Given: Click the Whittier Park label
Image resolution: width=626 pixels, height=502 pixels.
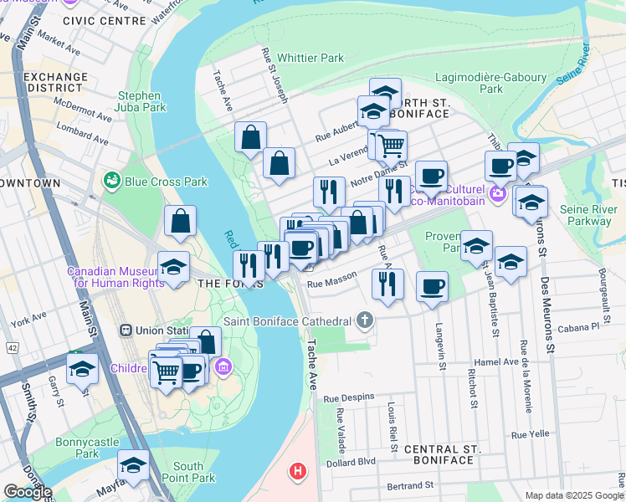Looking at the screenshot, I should click(x=310, y=59).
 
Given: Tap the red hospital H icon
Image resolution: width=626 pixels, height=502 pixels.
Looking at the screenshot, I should click(x=297, y=471).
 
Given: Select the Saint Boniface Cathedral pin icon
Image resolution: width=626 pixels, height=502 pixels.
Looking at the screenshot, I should click(x=364, y=320).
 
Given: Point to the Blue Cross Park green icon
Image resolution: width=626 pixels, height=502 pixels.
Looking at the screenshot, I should click(x=111, y=181).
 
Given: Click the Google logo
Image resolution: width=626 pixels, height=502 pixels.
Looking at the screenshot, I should click(x=28, y=492).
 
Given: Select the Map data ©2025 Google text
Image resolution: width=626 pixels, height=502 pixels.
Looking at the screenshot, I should click(x=573, y=495).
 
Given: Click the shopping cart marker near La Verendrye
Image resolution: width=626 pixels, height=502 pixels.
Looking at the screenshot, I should click(x=390, y=146).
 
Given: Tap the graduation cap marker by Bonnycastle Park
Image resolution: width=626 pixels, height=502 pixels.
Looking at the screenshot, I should click(x=132, y=464).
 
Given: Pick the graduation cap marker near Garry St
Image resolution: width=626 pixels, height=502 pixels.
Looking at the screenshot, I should click(x=82, y=368).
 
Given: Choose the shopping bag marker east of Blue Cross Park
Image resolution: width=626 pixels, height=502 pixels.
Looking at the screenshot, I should click(x=180, y=222).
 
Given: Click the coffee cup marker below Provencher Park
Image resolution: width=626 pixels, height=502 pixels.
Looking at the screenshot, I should click(x=432, y=287).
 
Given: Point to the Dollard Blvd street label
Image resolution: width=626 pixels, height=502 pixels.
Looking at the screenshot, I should click(x=354, y=461).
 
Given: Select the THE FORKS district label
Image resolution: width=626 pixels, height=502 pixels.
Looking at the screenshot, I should click(x=220, y=284).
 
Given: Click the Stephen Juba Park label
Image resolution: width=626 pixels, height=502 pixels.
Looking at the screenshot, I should click(x=139, y=102).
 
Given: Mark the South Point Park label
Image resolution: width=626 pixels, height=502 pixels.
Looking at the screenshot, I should click(x=188, y=472).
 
